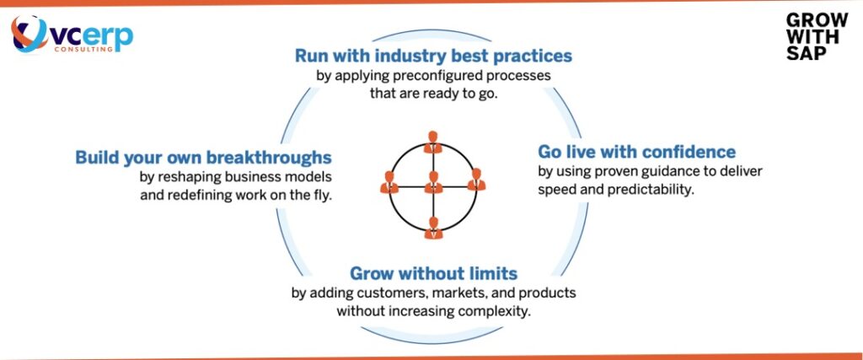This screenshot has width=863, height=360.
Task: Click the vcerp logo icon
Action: coord(31,35)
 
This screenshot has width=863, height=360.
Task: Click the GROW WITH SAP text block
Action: coord(805,37)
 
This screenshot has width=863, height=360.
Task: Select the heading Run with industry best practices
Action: coord(433,56)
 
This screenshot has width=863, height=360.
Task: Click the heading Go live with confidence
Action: coord(636,153)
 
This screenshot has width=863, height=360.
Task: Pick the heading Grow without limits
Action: coord(433,274)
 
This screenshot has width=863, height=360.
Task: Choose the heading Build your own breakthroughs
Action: coord(203,158)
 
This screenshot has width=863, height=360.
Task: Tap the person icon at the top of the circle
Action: coord(433,141)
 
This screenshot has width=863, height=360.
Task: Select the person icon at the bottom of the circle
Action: coord(433,227)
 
